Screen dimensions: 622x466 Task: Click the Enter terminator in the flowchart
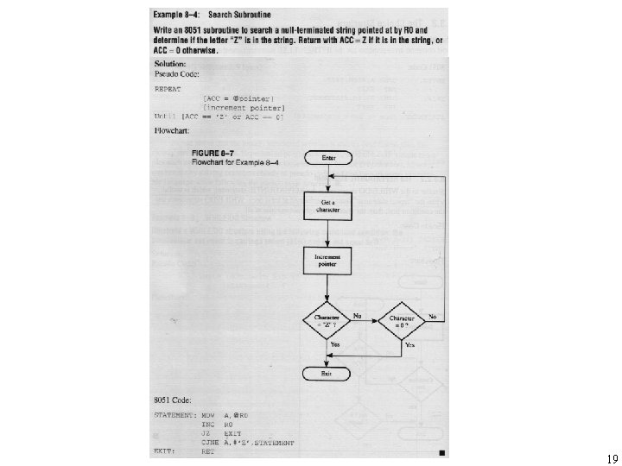(328, 159)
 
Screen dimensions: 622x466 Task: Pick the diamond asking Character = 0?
(404, 321)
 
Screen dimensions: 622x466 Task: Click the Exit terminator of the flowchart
(327, 373)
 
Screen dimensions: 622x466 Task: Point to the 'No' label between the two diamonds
(357, 316)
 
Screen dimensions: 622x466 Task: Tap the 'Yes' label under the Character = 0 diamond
(410, 345)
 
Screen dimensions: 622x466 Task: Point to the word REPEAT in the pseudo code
(168, 88)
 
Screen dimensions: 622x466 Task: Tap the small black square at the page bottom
(441, 452)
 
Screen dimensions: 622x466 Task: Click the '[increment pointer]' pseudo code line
(238, 107)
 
